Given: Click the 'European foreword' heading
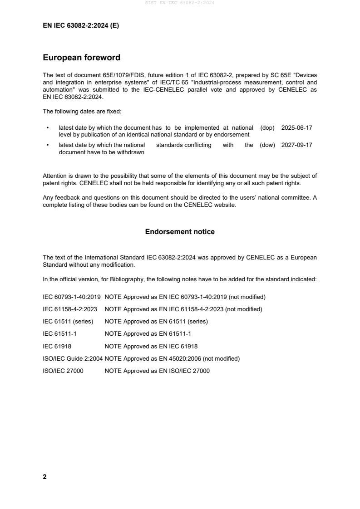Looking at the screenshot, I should (81, 58).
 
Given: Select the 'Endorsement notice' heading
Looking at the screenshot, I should (180, 232).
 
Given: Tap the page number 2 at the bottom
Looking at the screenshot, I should (44, 477).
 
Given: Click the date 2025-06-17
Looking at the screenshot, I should (297, 128).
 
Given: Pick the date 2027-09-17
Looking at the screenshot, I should (297, 145).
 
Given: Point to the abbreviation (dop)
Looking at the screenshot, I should (267, 128).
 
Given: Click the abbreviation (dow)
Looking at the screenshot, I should (267, 145).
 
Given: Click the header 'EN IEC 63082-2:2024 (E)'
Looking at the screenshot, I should (81, 26).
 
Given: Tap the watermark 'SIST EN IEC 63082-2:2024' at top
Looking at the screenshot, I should (180, 3).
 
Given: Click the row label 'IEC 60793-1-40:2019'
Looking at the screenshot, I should (72, 297).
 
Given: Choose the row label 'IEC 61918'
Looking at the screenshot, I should (57, 346).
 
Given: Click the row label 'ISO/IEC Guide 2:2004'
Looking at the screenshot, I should (73, 358).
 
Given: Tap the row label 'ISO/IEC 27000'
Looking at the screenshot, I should (63, 371).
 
